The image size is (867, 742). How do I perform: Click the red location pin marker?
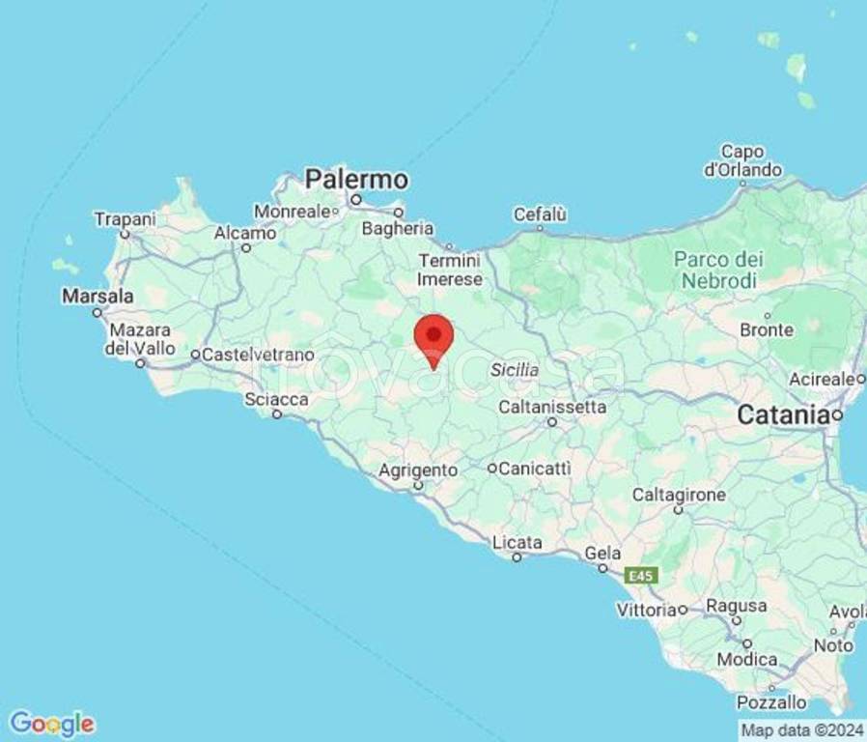(x=433, y=338)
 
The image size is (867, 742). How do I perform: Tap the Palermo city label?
(x=356, y=180)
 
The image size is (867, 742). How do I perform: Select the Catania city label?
(x=783, y=415)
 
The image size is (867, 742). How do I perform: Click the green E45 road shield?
(x=640, y=576)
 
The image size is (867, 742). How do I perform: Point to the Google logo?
(x=52, y=723)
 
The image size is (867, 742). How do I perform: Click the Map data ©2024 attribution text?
(x=800, y=729)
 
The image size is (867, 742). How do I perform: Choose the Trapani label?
(x=125, y=219)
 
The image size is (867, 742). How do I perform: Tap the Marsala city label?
(x=98, y=296)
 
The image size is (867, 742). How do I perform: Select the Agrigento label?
(x=418, y=471)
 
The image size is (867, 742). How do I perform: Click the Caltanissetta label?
(x=552, y=407)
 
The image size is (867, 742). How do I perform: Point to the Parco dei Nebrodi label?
(x=718, y=270)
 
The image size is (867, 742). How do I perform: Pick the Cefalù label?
(x=540, y=214)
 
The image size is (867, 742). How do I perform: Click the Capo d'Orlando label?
(x=742, y=160)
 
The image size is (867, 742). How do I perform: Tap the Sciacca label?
(x=276, y=399)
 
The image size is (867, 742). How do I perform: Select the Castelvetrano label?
(x=258, y=355)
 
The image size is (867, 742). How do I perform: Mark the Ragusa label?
(x=737, y=607)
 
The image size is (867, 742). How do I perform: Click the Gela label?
(x=602, y=554)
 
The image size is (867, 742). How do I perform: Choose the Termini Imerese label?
(x=449, y=270)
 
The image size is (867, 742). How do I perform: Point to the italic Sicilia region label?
(x=515, y=370)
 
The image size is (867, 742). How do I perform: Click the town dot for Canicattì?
(x=491, y=469)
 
